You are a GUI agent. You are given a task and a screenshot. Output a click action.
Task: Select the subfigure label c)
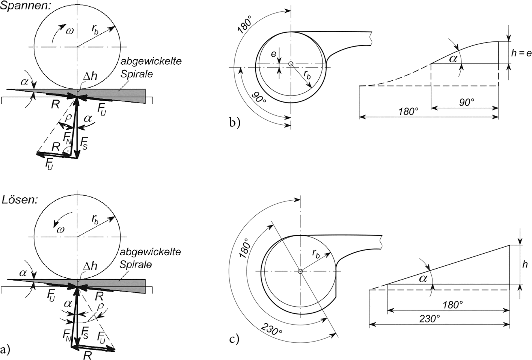pyautogui.click(x=234, y=339)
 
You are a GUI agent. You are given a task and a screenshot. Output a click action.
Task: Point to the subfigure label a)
pyautogui.click(x=5, y=350)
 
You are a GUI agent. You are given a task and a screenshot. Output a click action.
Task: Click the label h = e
pyautogui.click(x=521, y=53)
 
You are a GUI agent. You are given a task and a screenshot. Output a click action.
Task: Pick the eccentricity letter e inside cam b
pyautogui.click(x=274, y=54)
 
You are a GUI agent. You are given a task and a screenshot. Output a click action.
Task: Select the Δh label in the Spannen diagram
pyautogui.click(x=89, y=76)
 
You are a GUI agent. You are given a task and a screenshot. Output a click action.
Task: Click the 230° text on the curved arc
pyautogui.click(x=272, y=331)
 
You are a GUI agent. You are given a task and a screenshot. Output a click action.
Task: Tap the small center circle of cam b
pyautogui.click(x=291, y=64)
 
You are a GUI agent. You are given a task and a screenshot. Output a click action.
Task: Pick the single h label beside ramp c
pyautogui.click(x=525, y=265)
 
